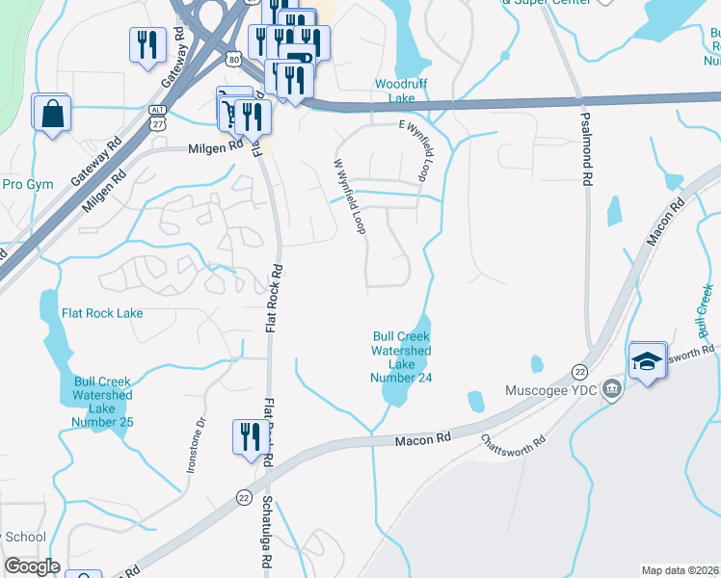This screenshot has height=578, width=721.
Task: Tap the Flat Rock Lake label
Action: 102,313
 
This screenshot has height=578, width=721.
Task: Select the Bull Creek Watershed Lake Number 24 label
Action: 401,356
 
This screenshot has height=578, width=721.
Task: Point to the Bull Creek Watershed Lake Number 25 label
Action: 101,402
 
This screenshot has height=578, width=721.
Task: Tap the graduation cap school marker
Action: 648,361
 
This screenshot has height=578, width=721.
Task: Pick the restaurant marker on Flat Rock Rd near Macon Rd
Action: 248,438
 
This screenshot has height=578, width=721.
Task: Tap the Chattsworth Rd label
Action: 514,451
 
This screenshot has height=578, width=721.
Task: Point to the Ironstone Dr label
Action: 196,444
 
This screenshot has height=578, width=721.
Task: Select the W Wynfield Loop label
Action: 350,197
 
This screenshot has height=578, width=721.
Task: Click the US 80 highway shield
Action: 235,61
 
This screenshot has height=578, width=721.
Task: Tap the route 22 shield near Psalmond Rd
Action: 579,371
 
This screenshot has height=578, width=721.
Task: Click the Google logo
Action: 32,566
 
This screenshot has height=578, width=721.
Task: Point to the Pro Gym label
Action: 27,184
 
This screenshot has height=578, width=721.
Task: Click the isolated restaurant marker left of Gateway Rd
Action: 146,44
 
